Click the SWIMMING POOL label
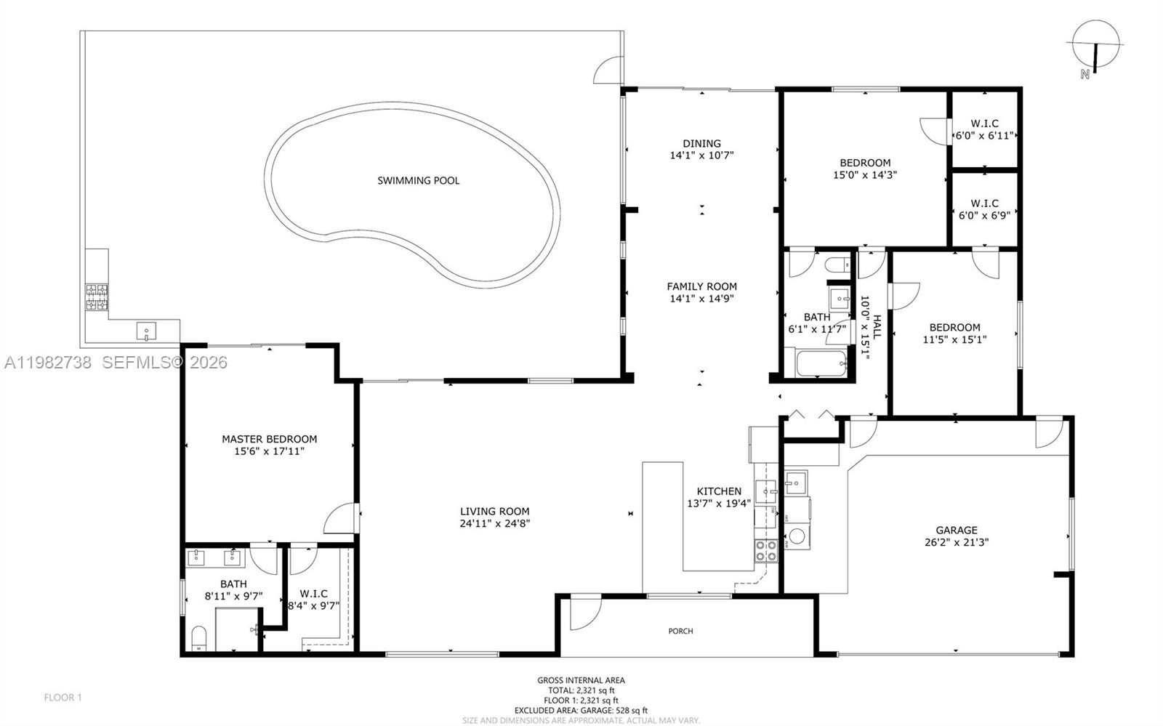[x=418, y=180]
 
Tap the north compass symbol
[x=1095, y=45]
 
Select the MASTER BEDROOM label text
[x=269, y=439]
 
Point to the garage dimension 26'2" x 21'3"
[x=956, y=542]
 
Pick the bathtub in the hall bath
[x=821, y=364]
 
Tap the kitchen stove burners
[x=765, y=550]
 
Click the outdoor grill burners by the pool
[x=97, y=297]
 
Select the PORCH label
[x=680, y=631]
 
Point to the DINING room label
[x=701, y=143]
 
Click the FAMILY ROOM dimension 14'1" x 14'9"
[x=701, y=298]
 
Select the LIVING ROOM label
[x=494, y=512]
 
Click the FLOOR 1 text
[x=63, y=698]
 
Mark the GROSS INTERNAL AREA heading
[x=581, y=680]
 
